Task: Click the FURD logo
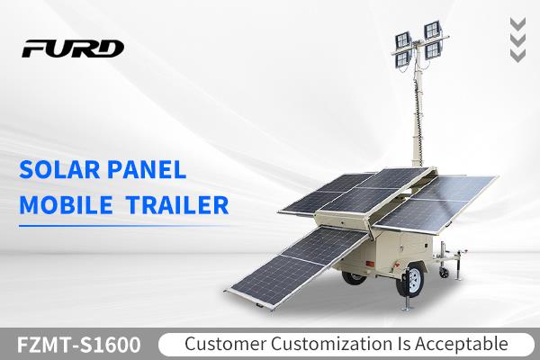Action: click(x=73, y=49)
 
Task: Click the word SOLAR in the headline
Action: click(x=59, y=169)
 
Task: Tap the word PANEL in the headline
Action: click(x=147, y=169)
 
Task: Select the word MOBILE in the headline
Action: click(x=66, y=205)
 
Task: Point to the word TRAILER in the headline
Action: click(x=177, y=205)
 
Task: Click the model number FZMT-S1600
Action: click(x=79, y=345)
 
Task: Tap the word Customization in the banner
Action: click(x=331, y=344)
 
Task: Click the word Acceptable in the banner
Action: click(x=461, y=344)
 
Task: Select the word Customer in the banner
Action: click(x=225, y=344)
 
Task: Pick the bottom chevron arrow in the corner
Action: click(x=517, y=56)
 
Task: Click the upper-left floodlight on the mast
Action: click(x=403, y=40)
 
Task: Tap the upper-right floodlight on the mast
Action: click(x=432, y=31)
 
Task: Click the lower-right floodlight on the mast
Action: click(x=433, y=50)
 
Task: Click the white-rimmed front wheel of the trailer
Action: click(x=411, y=279)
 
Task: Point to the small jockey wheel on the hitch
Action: click(x=444, y=273)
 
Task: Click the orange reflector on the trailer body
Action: click(x=370, y=265)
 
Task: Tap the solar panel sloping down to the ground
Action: click(x=297, y=266)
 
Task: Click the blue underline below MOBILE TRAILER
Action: click(x=124, y=226)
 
